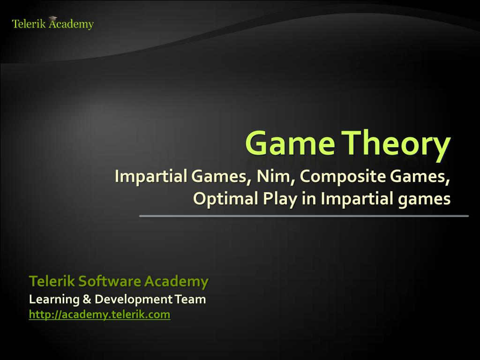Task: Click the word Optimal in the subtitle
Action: click(x=225, y=199)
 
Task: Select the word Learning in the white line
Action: click(x=54, y=300)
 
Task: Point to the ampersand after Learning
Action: click(x=87, y=299)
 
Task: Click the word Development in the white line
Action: click(x=134, y=300)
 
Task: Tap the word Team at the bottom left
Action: click(x=190, y=299)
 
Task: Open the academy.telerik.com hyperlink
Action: click(x=99, y=315)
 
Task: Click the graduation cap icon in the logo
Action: click(x=53, y=19)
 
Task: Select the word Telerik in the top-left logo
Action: click(x=29, y=24)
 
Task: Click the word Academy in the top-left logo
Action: click(x=71, y=24)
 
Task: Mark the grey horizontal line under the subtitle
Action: click(x=304, y=216)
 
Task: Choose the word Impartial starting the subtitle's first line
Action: click(x=151, y=177)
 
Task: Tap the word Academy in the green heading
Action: click(x=176, y=282)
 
